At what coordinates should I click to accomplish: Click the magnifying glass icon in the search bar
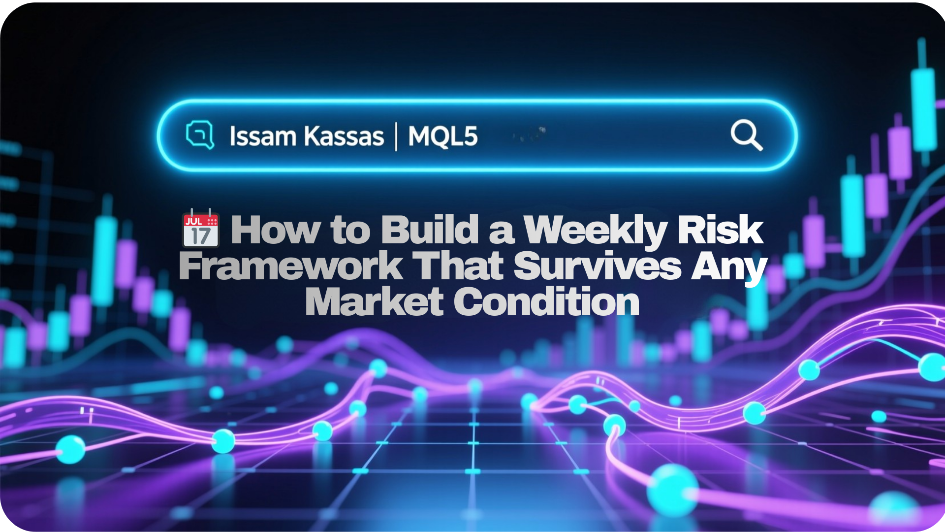(747, 135)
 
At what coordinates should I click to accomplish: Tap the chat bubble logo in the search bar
(200, 134)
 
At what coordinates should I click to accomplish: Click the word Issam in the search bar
(262, 136)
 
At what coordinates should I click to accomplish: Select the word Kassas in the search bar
(344, 136)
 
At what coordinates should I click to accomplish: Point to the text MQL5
(443, 136)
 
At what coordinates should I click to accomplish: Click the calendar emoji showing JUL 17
(201, 228)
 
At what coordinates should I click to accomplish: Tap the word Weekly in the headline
(595, 231)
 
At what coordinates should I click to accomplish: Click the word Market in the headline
(374, 301)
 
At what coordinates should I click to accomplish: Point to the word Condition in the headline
(546, 301)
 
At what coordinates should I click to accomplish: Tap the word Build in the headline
(430, 229)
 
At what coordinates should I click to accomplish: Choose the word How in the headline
(276, 229)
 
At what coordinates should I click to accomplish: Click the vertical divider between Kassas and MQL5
(396, 136)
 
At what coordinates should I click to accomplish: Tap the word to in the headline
(351, 230)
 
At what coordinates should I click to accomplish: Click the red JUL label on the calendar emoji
(194, 221)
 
